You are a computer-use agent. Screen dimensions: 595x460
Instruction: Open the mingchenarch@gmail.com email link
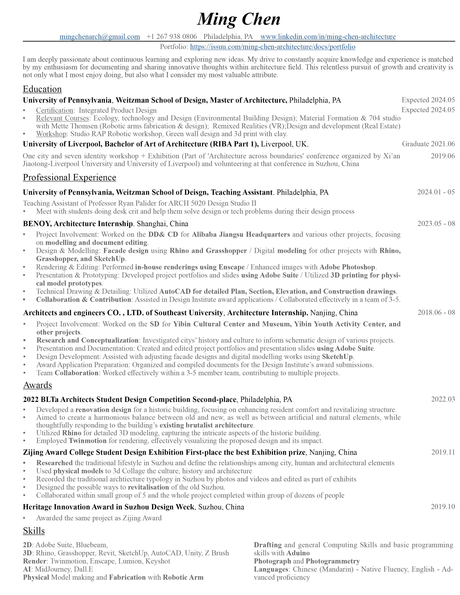tap(100, 36)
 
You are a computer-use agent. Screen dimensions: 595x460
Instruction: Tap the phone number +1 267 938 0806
tap(172, 36)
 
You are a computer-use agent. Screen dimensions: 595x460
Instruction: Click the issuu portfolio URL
tap(273, 47)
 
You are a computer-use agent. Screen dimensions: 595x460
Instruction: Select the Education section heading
tap(42, 89)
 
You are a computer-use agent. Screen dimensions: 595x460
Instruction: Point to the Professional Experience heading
tap(69, 177)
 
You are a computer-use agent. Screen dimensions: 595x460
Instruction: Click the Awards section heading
tap(37, 385)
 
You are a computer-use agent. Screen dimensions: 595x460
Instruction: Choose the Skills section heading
tap(34, 531)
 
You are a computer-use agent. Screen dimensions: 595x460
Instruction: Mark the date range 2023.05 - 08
tap(436, 224)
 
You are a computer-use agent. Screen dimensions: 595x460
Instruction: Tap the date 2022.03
tap(443, 399)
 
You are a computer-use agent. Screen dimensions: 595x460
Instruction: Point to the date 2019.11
tap(443, 452)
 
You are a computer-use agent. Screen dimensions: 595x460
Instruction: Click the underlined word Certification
tap(54, 110)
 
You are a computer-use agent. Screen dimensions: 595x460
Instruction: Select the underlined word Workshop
tap(51, 134)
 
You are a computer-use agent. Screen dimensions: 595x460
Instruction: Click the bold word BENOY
tap(37, 224)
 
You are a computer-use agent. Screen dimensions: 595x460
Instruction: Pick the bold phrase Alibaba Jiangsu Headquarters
tap(241, 235)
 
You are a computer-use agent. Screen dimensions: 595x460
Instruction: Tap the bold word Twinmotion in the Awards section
tap(87, 440)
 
